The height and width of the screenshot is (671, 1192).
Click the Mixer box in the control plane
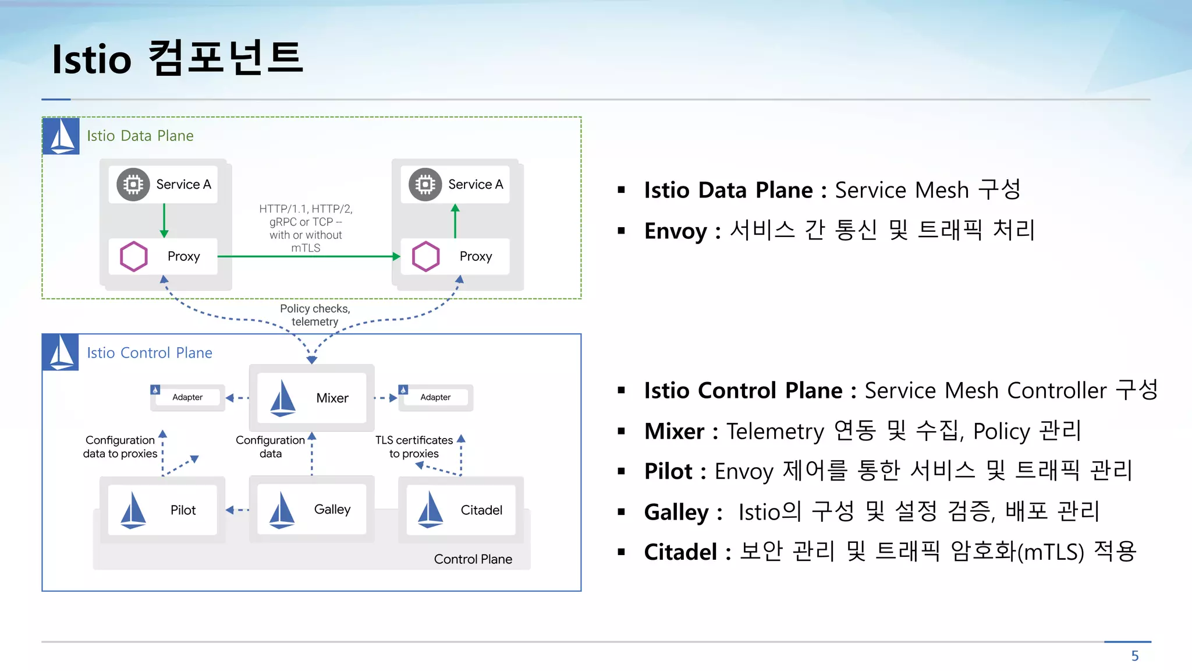311,398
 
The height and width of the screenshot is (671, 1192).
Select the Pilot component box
162,510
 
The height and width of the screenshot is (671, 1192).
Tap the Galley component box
311,509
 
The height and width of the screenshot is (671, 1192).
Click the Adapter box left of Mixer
187,397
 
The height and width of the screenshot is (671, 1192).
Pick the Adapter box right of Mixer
435,397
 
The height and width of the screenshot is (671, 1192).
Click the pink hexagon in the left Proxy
134,256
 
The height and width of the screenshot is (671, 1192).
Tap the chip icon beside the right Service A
425,185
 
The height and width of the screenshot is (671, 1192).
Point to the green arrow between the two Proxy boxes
308,256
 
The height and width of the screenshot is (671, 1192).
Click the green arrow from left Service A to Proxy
164,220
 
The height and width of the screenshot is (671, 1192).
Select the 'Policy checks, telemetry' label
315,315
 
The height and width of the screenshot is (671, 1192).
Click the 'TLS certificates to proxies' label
414,447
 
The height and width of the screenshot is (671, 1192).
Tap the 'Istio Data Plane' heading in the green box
140,136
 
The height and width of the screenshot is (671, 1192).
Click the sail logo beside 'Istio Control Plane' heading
61,352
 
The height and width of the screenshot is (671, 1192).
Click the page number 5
1134,656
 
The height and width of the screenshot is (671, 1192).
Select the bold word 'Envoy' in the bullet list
675,231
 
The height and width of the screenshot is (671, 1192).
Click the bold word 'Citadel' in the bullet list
680,552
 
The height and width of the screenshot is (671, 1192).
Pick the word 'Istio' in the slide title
92,59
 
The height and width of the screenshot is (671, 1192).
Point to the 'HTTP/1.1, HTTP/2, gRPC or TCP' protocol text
306,216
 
